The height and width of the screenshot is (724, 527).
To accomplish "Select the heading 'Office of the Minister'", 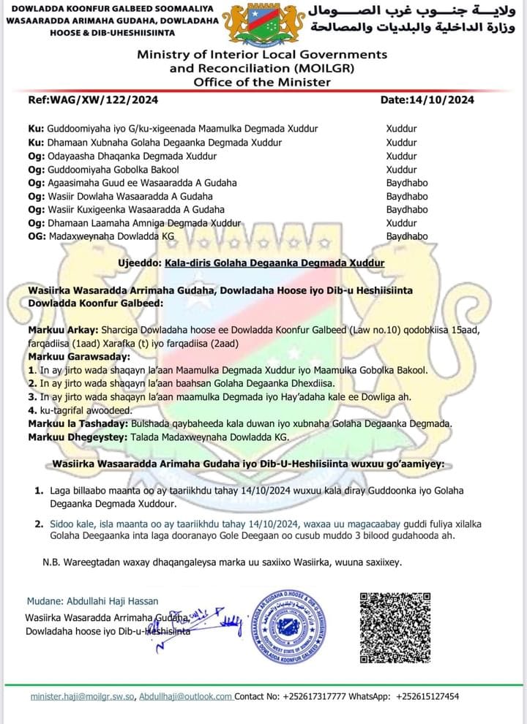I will [x=261, y=82].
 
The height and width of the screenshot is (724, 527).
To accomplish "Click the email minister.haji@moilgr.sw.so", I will [x=82, y=697].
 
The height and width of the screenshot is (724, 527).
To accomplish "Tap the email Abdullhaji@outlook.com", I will [x=186, y=697].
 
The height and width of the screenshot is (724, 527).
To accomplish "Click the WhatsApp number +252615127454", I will [x=427, y=697].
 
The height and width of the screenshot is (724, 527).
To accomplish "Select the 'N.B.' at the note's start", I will [x=51, y=562].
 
